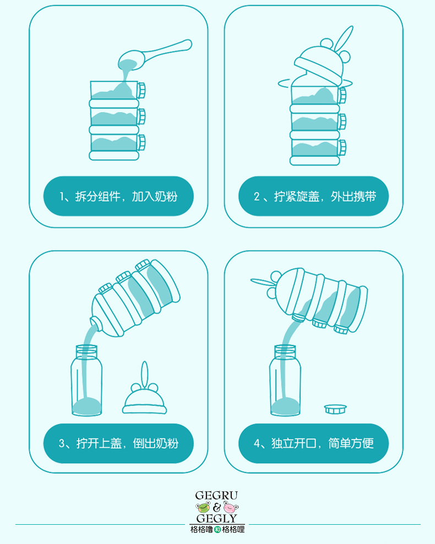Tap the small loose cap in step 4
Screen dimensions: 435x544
(335, 409)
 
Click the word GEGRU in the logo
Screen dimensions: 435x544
(216, 495)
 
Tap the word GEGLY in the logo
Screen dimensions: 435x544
(216, 518)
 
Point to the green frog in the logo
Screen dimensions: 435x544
(203, 508)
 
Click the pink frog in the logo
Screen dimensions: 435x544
(231, 508)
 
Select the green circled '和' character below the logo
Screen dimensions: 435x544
(218, 530)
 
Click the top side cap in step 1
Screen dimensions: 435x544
(141, 90)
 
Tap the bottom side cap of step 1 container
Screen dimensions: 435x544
(141, 142)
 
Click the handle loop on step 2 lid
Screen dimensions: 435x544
(343, 39)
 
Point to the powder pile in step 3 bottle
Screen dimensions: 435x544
(86, 405)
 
